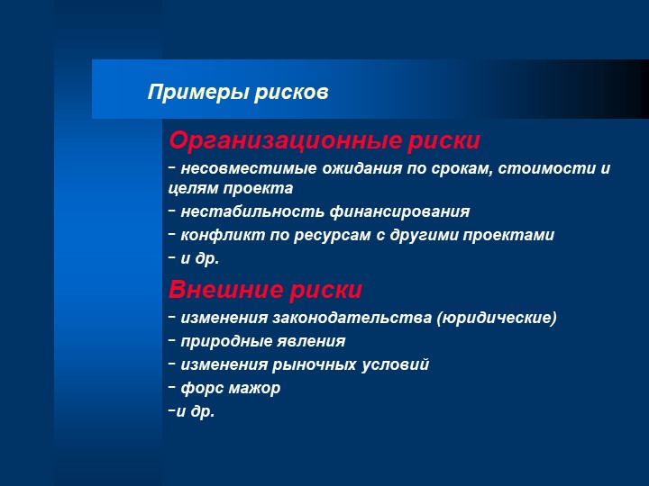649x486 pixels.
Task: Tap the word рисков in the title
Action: point(291,93)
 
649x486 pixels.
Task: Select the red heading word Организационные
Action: point(285,141)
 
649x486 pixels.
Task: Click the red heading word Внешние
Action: point(225,289)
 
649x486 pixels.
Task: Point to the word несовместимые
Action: point(249,168)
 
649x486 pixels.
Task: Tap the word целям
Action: point(194,188)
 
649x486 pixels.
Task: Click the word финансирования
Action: point(400,211)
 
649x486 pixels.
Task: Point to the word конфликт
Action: point(223,235)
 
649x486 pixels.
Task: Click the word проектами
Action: point(508,235)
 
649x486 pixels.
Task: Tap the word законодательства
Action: point(352,319)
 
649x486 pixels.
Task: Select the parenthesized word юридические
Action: point(497,319)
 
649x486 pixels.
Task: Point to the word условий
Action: point(396,364)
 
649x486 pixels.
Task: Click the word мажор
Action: point(254,389)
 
